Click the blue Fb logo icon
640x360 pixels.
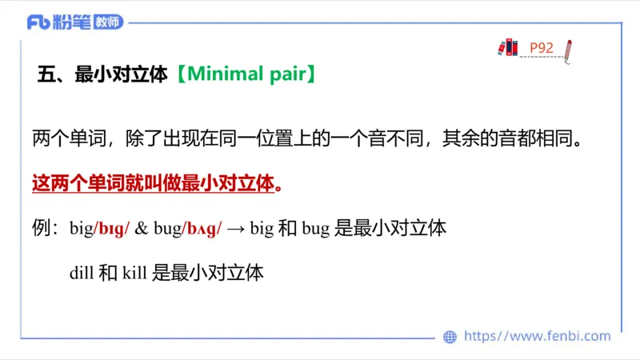coord(38,22)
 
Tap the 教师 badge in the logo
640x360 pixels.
coord(108,22)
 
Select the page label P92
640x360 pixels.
coord(542,48)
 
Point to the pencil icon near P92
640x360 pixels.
coord(567,49)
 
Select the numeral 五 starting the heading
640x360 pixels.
coord(46,74)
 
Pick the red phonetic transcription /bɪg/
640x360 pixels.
coord(113,228)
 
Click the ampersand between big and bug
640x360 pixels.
coord(141,228)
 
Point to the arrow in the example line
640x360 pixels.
coord(235,228)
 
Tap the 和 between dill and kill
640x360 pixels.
coord(108,272)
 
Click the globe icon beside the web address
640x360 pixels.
coord(450,337)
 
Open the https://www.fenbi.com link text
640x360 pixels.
coord(538,337)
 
